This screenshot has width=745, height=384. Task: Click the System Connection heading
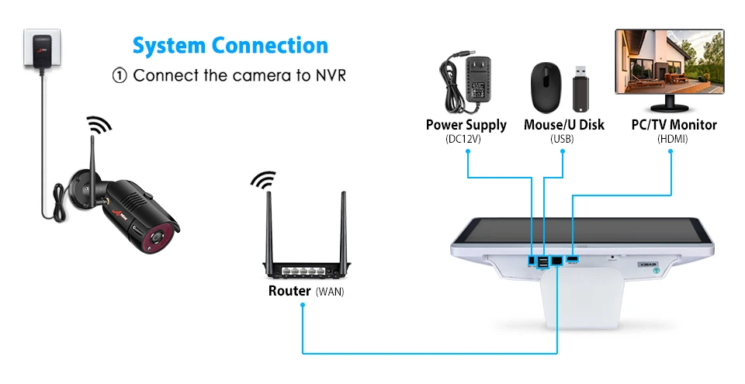coord(230,46)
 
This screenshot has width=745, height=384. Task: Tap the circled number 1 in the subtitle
coord(119,76)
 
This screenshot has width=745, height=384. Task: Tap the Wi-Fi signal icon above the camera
coord(99,123)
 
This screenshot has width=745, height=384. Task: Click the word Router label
coord(289,292)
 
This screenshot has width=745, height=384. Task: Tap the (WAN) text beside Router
coord(330,292)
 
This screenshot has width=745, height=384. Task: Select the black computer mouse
coord(545,85)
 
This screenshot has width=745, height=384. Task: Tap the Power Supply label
coord(466,125)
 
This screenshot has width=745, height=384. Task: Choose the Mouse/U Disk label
coord(563,125)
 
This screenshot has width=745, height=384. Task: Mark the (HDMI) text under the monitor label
coord(672,140)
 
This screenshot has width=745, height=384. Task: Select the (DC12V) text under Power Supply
coord(466,140)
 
